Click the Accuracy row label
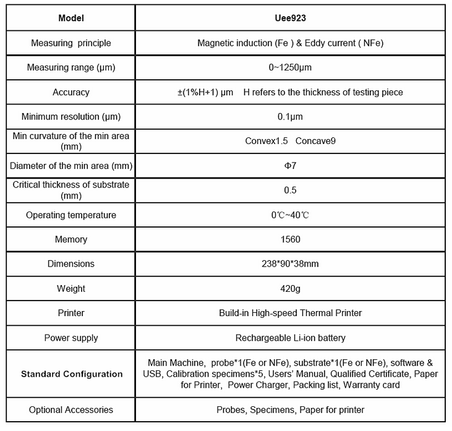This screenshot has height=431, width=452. click(71, 92)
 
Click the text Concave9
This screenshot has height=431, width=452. click(315, 141)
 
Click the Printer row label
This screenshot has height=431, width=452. click(71, 313)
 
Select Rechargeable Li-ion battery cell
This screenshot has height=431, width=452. click(290, 338)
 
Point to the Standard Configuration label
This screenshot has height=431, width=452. click(71, 374)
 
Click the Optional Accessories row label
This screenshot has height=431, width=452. click(71, 409)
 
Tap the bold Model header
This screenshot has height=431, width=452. click(71, 17)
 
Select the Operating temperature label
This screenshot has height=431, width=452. click(71, 215)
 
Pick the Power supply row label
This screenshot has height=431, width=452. click(71, 338)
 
